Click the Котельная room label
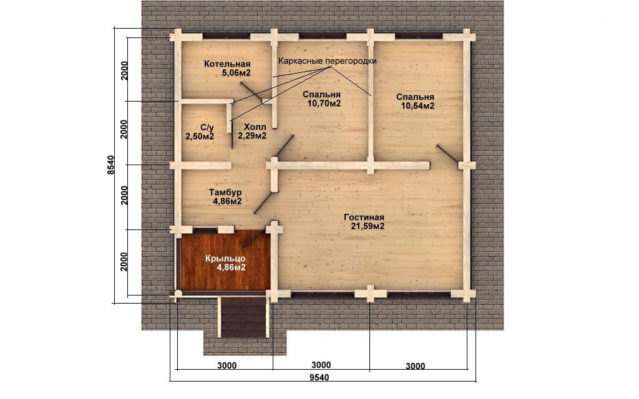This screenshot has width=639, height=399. coord(227,64)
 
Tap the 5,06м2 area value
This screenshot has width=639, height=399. coord(236,73)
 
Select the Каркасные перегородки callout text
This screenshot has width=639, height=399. coord(327,60)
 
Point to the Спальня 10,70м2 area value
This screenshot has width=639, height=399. coord(324,103)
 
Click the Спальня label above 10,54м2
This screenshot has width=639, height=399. coord(415,97)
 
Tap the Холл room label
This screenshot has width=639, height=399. coord(255,127)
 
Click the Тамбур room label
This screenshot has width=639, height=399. coord(225,192)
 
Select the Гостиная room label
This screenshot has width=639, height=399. coord(364,217)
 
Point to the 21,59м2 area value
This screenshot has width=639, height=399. coord(368,226)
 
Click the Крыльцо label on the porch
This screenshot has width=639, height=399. coord(225,259)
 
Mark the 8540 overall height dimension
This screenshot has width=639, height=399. coord(110,165)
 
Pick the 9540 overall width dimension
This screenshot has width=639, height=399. coord(319,377)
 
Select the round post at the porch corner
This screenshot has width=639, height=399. coord(178,293)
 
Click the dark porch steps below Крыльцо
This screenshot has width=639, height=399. coord(244,317)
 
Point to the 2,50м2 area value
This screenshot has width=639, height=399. coord(200,136)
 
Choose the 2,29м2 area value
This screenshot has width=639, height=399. coord(252,135)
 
